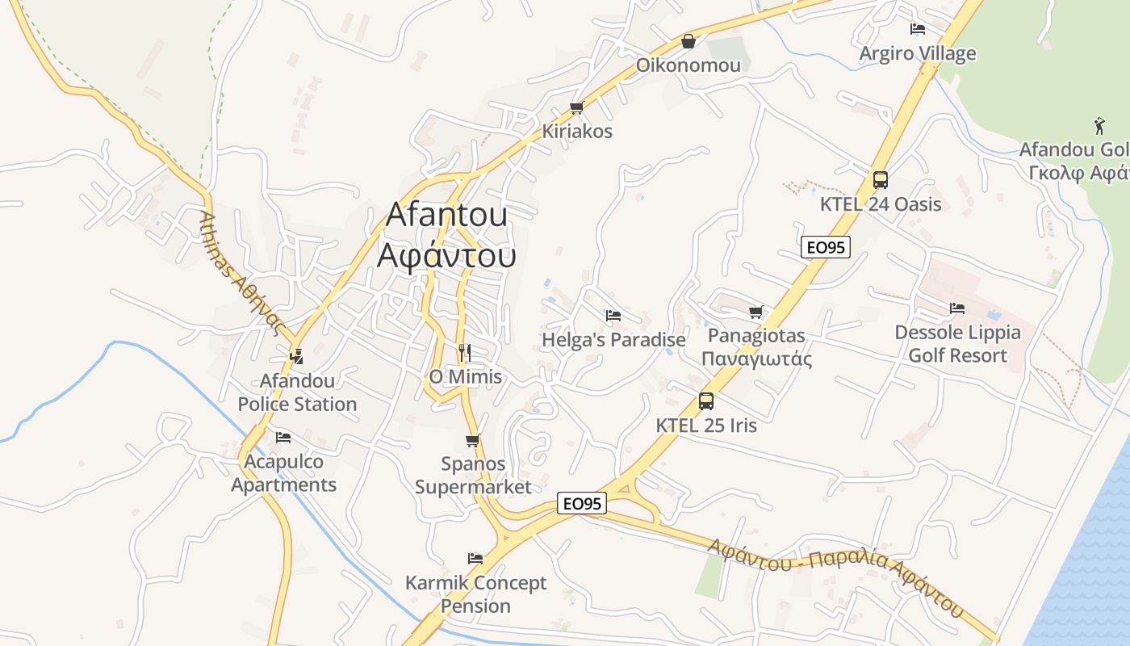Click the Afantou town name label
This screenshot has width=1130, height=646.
[446, 235]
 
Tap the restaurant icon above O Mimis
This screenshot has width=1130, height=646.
[464, 352]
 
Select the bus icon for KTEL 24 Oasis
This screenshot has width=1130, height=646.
[880, 180]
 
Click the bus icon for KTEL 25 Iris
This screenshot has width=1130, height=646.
[706, 401]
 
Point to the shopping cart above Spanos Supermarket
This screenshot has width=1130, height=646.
[473, 440]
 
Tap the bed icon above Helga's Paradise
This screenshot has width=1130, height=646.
[613, 315]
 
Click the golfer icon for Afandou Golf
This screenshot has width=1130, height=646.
[1099, 126]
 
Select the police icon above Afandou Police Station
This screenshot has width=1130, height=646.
[296, 355]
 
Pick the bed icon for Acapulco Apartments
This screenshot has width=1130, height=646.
[282, 438]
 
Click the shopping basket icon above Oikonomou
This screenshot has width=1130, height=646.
[688, 40]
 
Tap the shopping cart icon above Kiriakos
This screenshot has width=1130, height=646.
[576, 107]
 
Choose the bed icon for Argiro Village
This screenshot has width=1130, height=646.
[917, 29]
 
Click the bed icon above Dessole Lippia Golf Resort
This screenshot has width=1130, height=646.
[957, 308]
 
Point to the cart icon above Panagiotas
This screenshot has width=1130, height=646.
[755, 312]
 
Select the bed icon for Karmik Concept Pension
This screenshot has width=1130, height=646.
[475, 558]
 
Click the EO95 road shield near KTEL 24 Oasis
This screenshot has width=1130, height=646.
[826, 247]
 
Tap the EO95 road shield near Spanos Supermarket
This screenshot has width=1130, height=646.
[582, 503]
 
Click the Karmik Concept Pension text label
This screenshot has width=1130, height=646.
[475, 594]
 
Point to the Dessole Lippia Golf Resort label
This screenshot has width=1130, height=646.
[957, 344]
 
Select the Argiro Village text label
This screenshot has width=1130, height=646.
[917, 54]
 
